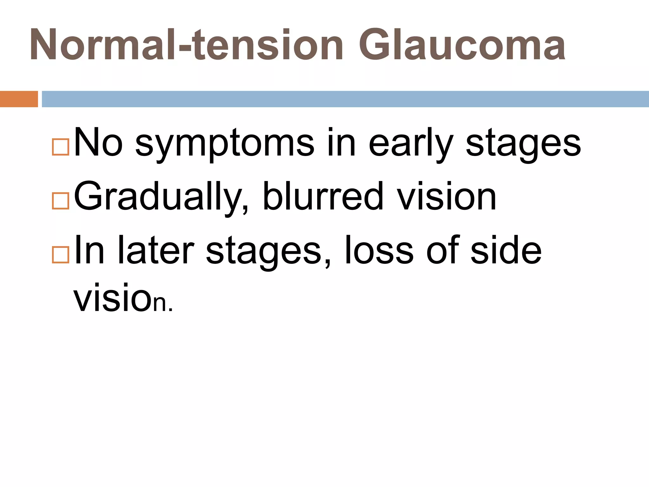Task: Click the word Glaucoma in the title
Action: click(462, 45)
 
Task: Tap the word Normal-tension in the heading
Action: click(186, 45)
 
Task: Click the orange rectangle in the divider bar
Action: click(19, 99)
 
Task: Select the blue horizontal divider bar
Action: click(345, 99)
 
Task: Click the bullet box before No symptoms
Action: click(61, 147)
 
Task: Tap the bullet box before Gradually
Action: click(61, 201)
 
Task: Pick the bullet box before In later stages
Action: click(61, 255)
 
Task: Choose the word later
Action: click(156, 250)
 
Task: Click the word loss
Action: click(379, 250)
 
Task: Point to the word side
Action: click(506, 250)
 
